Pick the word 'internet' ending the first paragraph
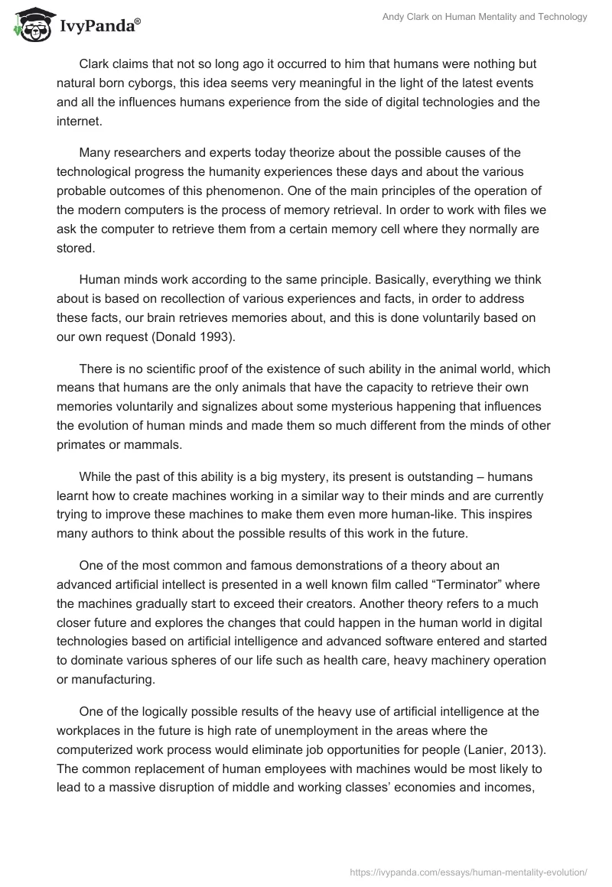coord(78,119)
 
